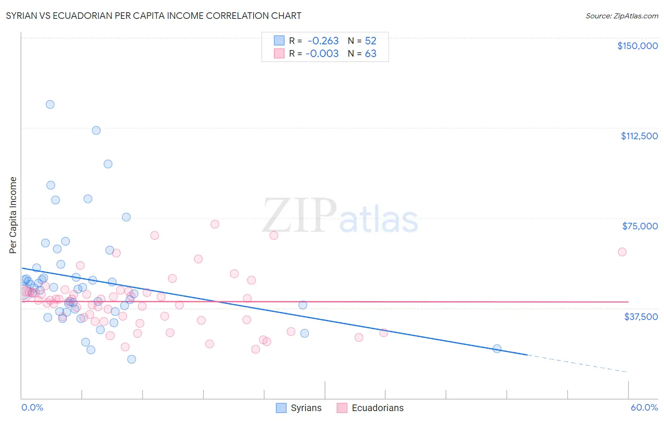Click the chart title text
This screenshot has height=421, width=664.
153,16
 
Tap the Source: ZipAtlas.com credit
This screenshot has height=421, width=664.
621,16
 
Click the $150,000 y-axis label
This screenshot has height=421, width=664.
637,46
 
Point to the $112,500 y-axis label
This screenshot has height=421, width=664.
639,136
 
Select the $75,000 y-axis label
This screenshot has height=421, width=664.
640,226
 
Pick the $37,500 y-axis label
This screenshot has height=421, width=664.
641,317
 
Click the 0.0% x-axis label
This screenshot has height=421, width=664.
32,407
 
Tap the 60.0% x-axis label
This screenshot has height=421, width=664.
644,407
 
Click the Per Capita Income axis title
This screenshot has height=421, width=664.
13,215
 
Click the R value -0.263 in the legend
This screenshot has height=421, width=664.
323,41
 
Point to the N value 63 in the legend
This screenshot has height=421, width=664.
371,54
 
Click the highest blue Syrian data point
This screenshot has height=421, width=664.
50,104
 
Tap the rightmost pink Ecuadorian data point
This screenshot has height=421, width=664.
622,252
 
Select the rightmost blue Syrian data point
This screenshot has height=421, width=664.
497,349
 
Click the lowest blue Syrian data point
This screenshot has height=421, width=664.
132,359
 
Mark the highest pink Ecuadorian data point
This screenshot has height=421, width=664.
215,224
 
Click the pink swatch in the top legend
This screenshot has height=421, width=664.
279,54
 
